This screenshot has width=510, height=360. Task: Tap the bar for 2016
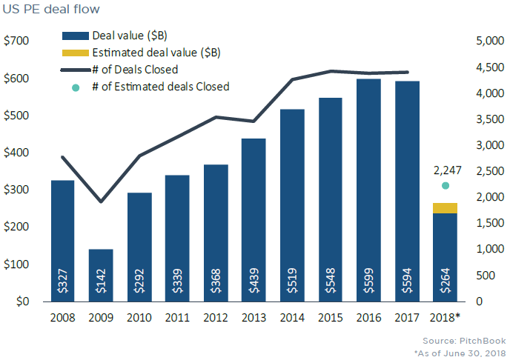(368, 185)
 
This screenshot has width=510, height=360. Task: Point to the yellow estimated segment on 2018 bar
(445, 208)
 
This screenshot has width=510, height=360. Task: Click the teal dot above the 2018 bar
(445, 186)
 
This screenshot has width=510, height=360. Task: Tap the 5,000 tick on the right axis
(486, 41)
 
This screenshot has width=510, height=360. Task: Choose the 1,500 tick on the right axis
(486, 223)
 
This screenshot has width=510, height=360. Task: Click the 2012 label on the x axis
(216, 318)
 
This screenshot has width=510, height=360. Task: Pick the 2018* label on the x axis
(446, 318)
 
